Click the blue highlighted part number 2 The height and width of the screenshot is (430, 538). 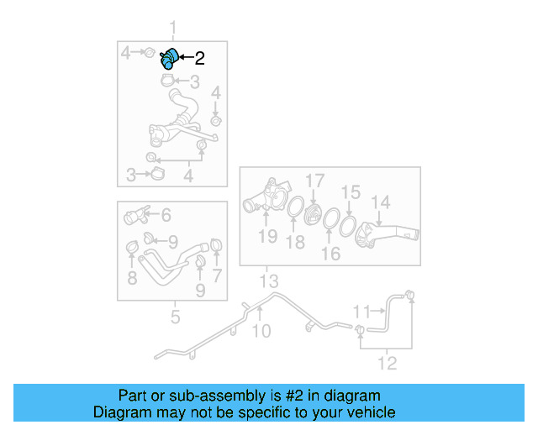click(169, 59)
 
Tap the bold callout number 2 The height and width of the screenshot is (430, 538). click(200, 58)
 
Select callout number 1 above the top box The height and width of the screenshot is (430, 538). click(173, 28)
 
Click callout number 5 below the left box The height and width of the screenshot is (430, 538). click(176, 317)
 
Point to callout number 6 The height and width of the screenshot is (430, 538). click(166, 215)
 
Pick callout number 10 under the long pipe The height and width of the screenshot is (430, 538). click(261, 331)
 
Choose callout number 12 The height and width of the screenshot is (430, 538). click(388, 363)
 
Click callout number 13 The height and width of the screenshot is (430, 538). click(269, 281)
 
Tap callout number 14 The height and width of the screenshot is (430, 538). click(381, 202)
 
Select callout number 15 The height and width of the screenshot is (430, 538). click(351, 192)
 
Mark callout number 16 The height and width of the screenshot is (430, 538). click(330, 254)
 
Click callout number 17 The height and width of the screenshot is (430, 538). click(314, 181)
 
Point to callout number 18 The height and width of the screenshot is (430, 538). click(295, 242)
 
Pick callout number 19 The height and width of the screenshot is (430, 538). click(267, 236)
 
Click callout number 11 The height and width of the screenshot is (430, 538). click(362, 312)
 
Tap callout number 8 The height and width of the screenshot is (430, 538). click(133, 278)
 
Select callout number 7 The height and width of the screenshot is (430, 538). click(217, 275)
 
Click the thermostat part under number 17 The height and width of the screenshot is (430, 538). click(313, 215)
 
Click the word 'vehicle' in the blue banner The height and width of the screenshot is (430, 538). click(374, 412)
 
